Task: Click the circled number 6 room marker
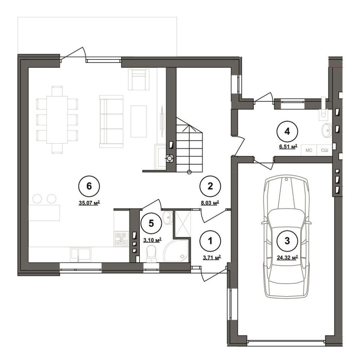pyautogui.click(x=89, y=186)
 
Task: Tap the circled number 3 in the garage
pyautogui.click(x=287, y=241)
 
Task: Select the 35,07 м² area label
pyautogui.click(x=89, y=203)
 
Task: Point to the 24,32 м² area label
pyautogui.click(x=287, y=258)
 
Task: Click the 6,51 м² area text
pyautogui.click(x=287, y=147)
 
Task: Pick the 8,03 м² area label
pyautogui.click(x=210, y=203)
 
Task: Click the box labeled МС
pyautogui.click(x=309, y=150)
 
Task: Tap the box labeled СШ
pyautogui.click(x=325, y=150)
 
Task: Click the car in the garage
pyautogui.click(x=286, y=237)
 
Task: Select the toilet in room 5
pyautogui.click(x=151, y=254)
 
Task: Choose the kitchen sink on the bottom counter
pyautogui.click(x=81, y=255)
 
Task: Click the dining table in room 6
pyautogui.click(x=57, y=120)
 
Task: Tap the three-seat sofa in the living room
pyautogui.click(x=111, y=121)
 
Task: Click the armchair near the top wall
pyautogui.click(x=139, y=79)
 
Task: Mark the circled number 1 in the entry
pyautogui.click(x=210, y=241)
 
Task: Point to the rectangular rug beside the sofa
pyautogui.click(x=139, y=121)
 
